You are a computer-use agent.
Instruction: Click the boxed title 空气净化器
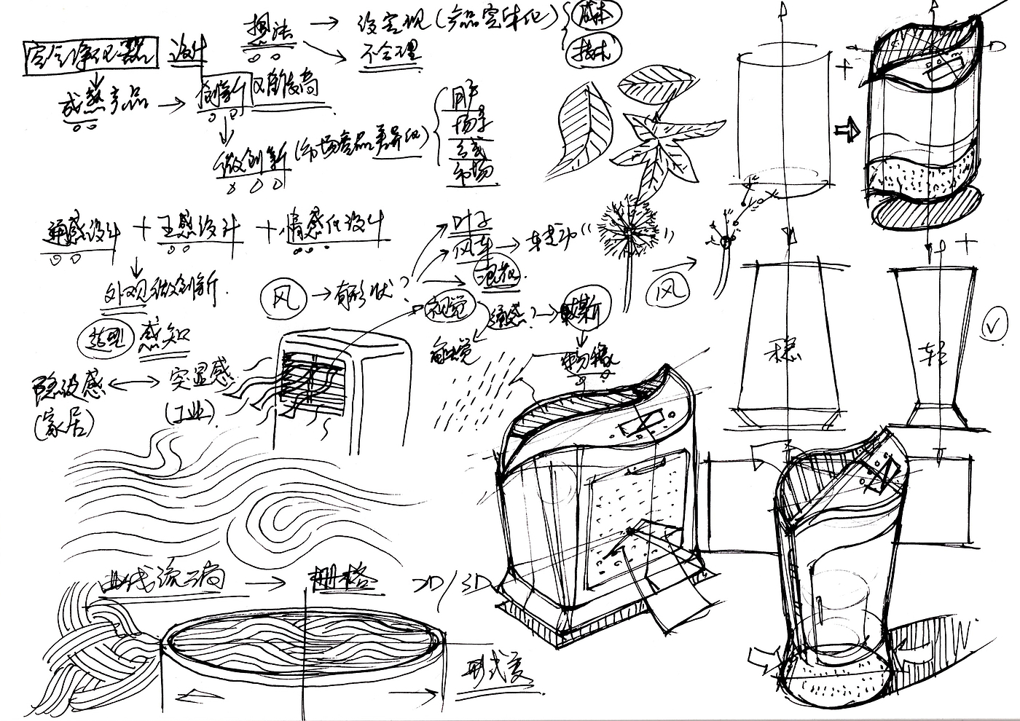tap(90, 52)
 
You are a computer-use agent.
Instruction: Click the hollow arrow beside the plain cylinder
tap(847, 130)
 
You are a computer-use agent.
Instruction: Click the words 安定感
tap(201, 378)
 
